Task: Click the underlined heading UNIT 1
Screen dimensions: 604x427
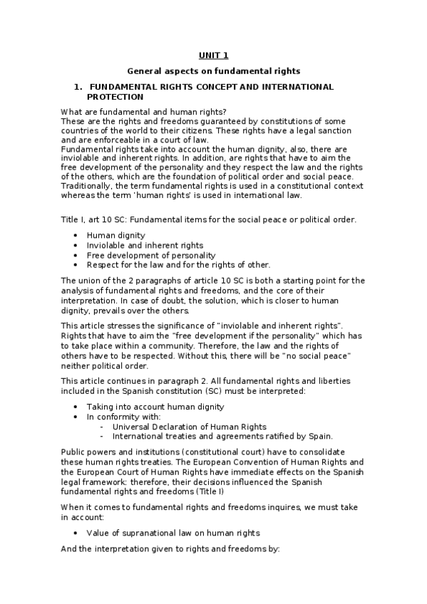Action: [x=213, y=55]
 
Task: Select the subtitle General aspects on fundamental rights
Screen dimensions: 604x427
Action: [x=214, y=71]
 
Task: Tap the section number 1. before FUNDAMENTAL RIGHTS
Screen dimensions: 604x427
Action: [x=78, y=87]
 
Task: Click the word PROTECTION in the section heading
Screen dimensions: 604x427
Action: [x=115, y=96]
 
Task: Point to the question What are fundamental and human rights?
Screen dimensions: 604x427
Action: [x=144, y=112]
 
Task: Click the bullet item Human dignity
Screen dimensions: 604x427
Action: [x=115, y=235]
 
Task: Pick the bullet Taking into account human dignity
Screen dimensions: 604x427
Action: [x=155, y=407]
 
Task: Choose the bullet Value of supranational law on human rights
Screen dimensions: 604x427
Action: [x=173, y=532]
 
